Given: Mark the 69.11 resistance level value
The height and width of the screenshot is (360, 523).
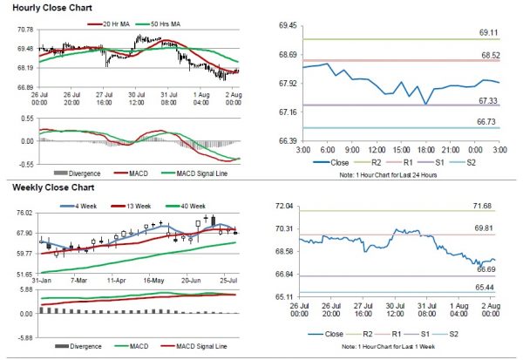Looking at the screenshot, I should pyautogui.click(x=488, y=32).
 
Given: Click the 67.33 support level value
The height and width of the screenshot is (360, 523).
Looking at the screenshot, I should pyautogui.click(x=488, y=101).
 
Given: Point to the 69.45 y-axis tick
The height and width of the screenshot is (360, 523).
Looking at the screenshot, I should pyautogui.click(x=285, y=26).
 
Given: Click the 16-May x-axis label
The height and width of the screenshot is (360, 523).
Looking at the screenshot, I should pyautogui.click(x=153, y=282).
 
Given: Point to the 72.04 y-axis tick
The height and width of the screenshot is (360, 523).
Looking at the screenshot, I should pyautogui.click(x=285, y=206).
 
